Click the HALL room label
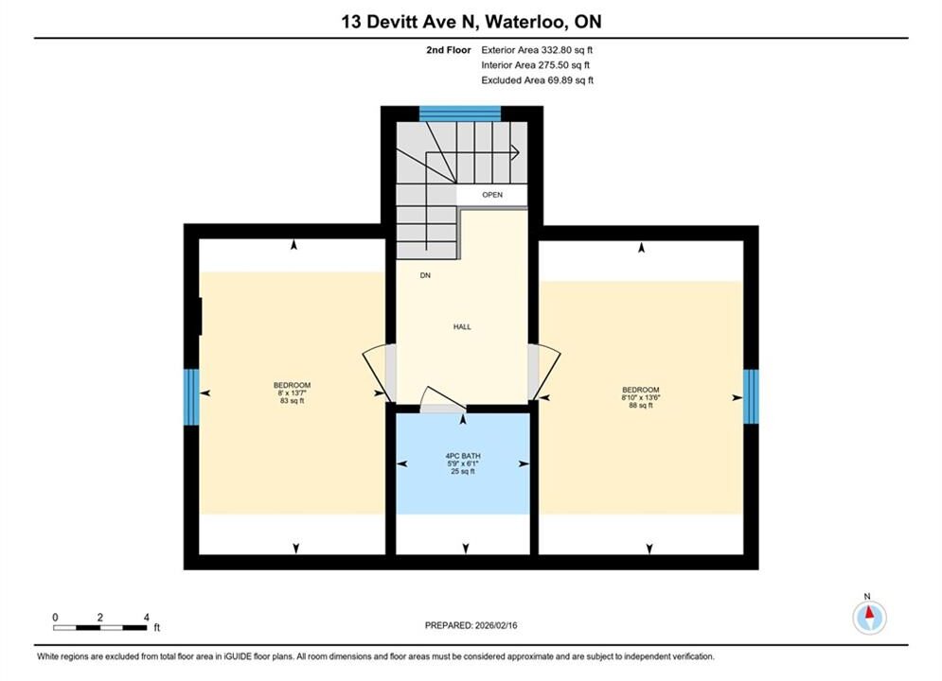[462, 327]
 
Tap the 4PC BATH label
[463, 456]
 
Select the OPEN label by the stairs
[492, 195]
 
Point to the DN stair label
[425, 275]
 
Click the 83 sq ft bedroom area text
[292, 401]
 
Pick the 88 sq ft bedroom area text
[640, 405]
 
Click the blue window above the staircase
[459, 113]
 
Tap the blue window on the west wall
[191, 396]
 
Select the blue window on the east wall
[751, 396]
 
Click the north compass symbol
[869, 616]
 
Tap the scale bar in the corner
[99, 628]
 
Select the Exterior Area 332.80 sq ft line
[537, 50]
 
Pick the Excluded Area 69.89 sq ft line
[537, 80]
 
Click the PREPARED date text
[471, 625]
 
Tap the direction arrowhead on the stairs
[515, 152]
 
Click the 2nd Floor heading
[449, 50]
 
